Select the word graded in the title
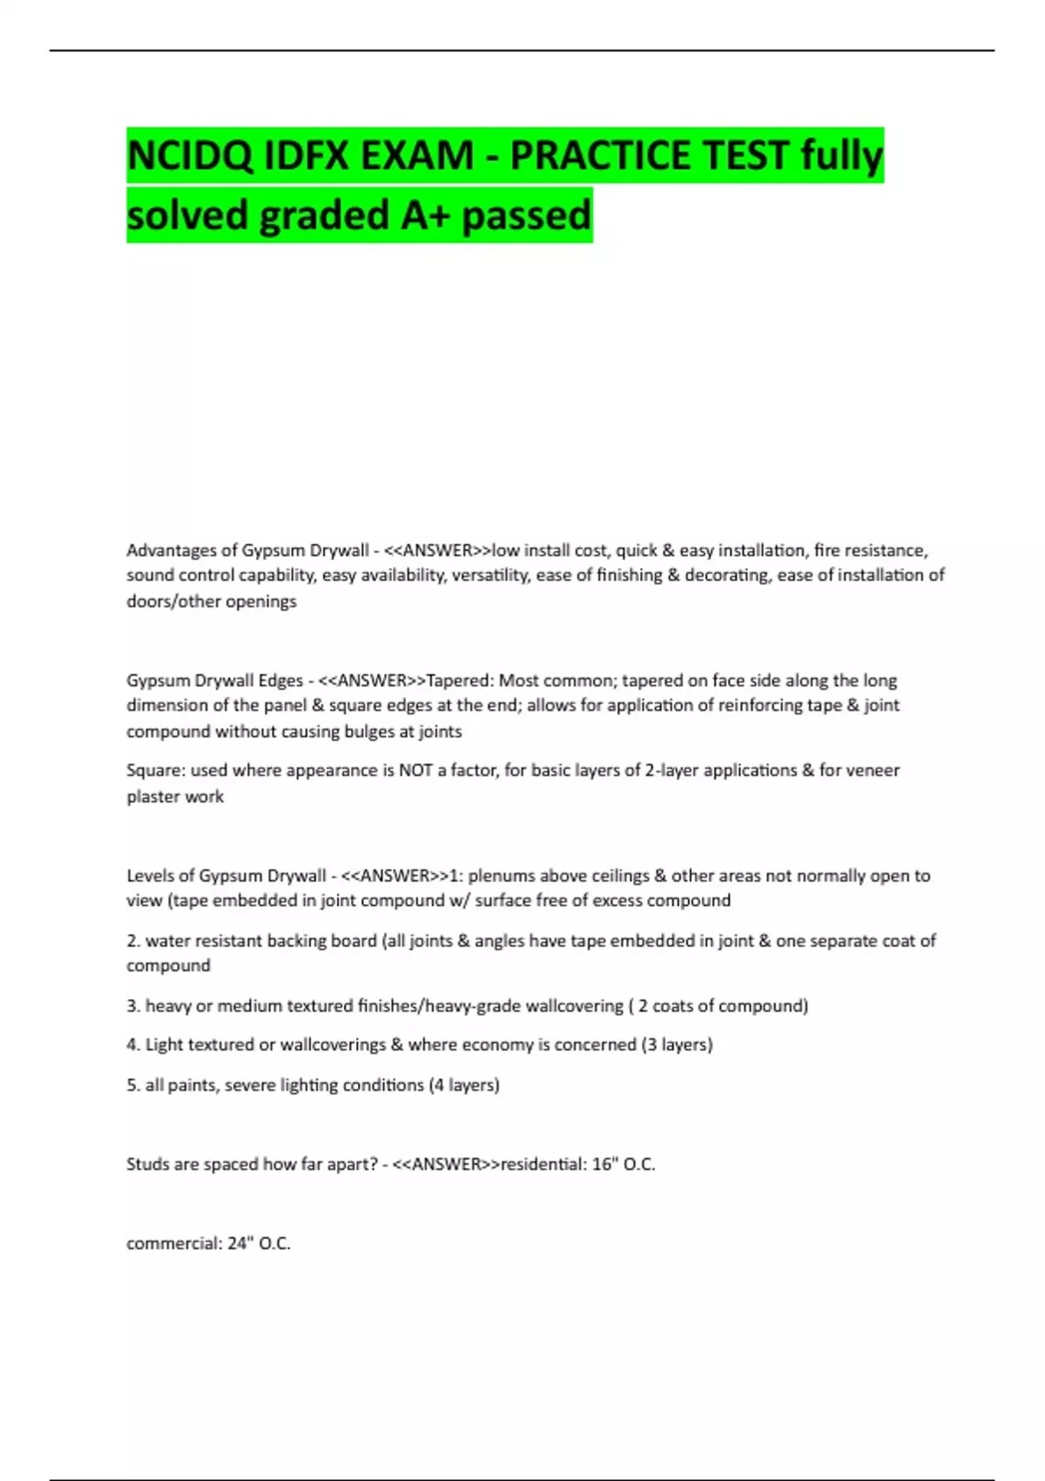tap(323, 215)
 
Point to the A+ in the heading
tap(424, 215)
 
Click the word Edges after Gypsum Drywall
tap(279, 680)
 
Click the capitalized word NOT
tap(415, 770)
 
